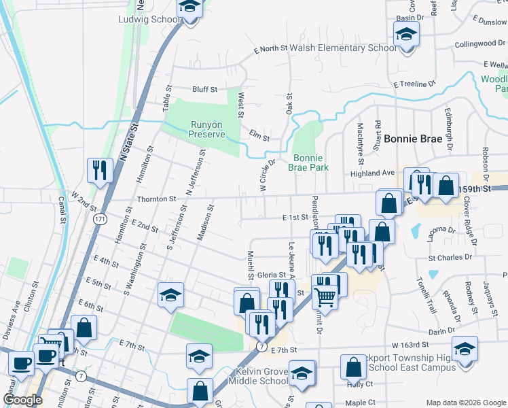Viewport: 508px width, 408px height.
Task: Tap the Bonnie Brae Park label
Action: [x=309, y=162]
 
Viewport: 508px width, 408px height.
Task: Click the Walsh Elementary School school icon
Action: [x=406, y=32]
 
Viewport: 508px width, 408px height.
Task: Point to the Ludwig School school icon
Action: [x=190, y=7]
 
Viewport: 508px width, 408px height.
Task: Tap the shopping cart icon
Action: [x=325, y=296]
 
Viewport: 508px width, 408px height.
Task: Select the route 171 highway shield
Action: [x=101, y=219]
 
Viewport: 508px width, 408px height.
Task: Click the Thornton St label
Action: [x=157, y=199]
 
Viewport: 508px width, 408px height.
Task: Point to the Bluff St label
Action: [x=204, y=89]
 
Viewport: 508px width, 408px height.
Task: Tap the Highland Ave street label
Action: [x=377, y=173]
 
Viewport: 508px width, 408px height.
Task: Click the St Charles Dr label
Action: [x=450, y=258]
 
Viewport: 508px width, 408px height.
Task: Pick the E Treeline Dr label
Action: [x=414, y=84]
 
